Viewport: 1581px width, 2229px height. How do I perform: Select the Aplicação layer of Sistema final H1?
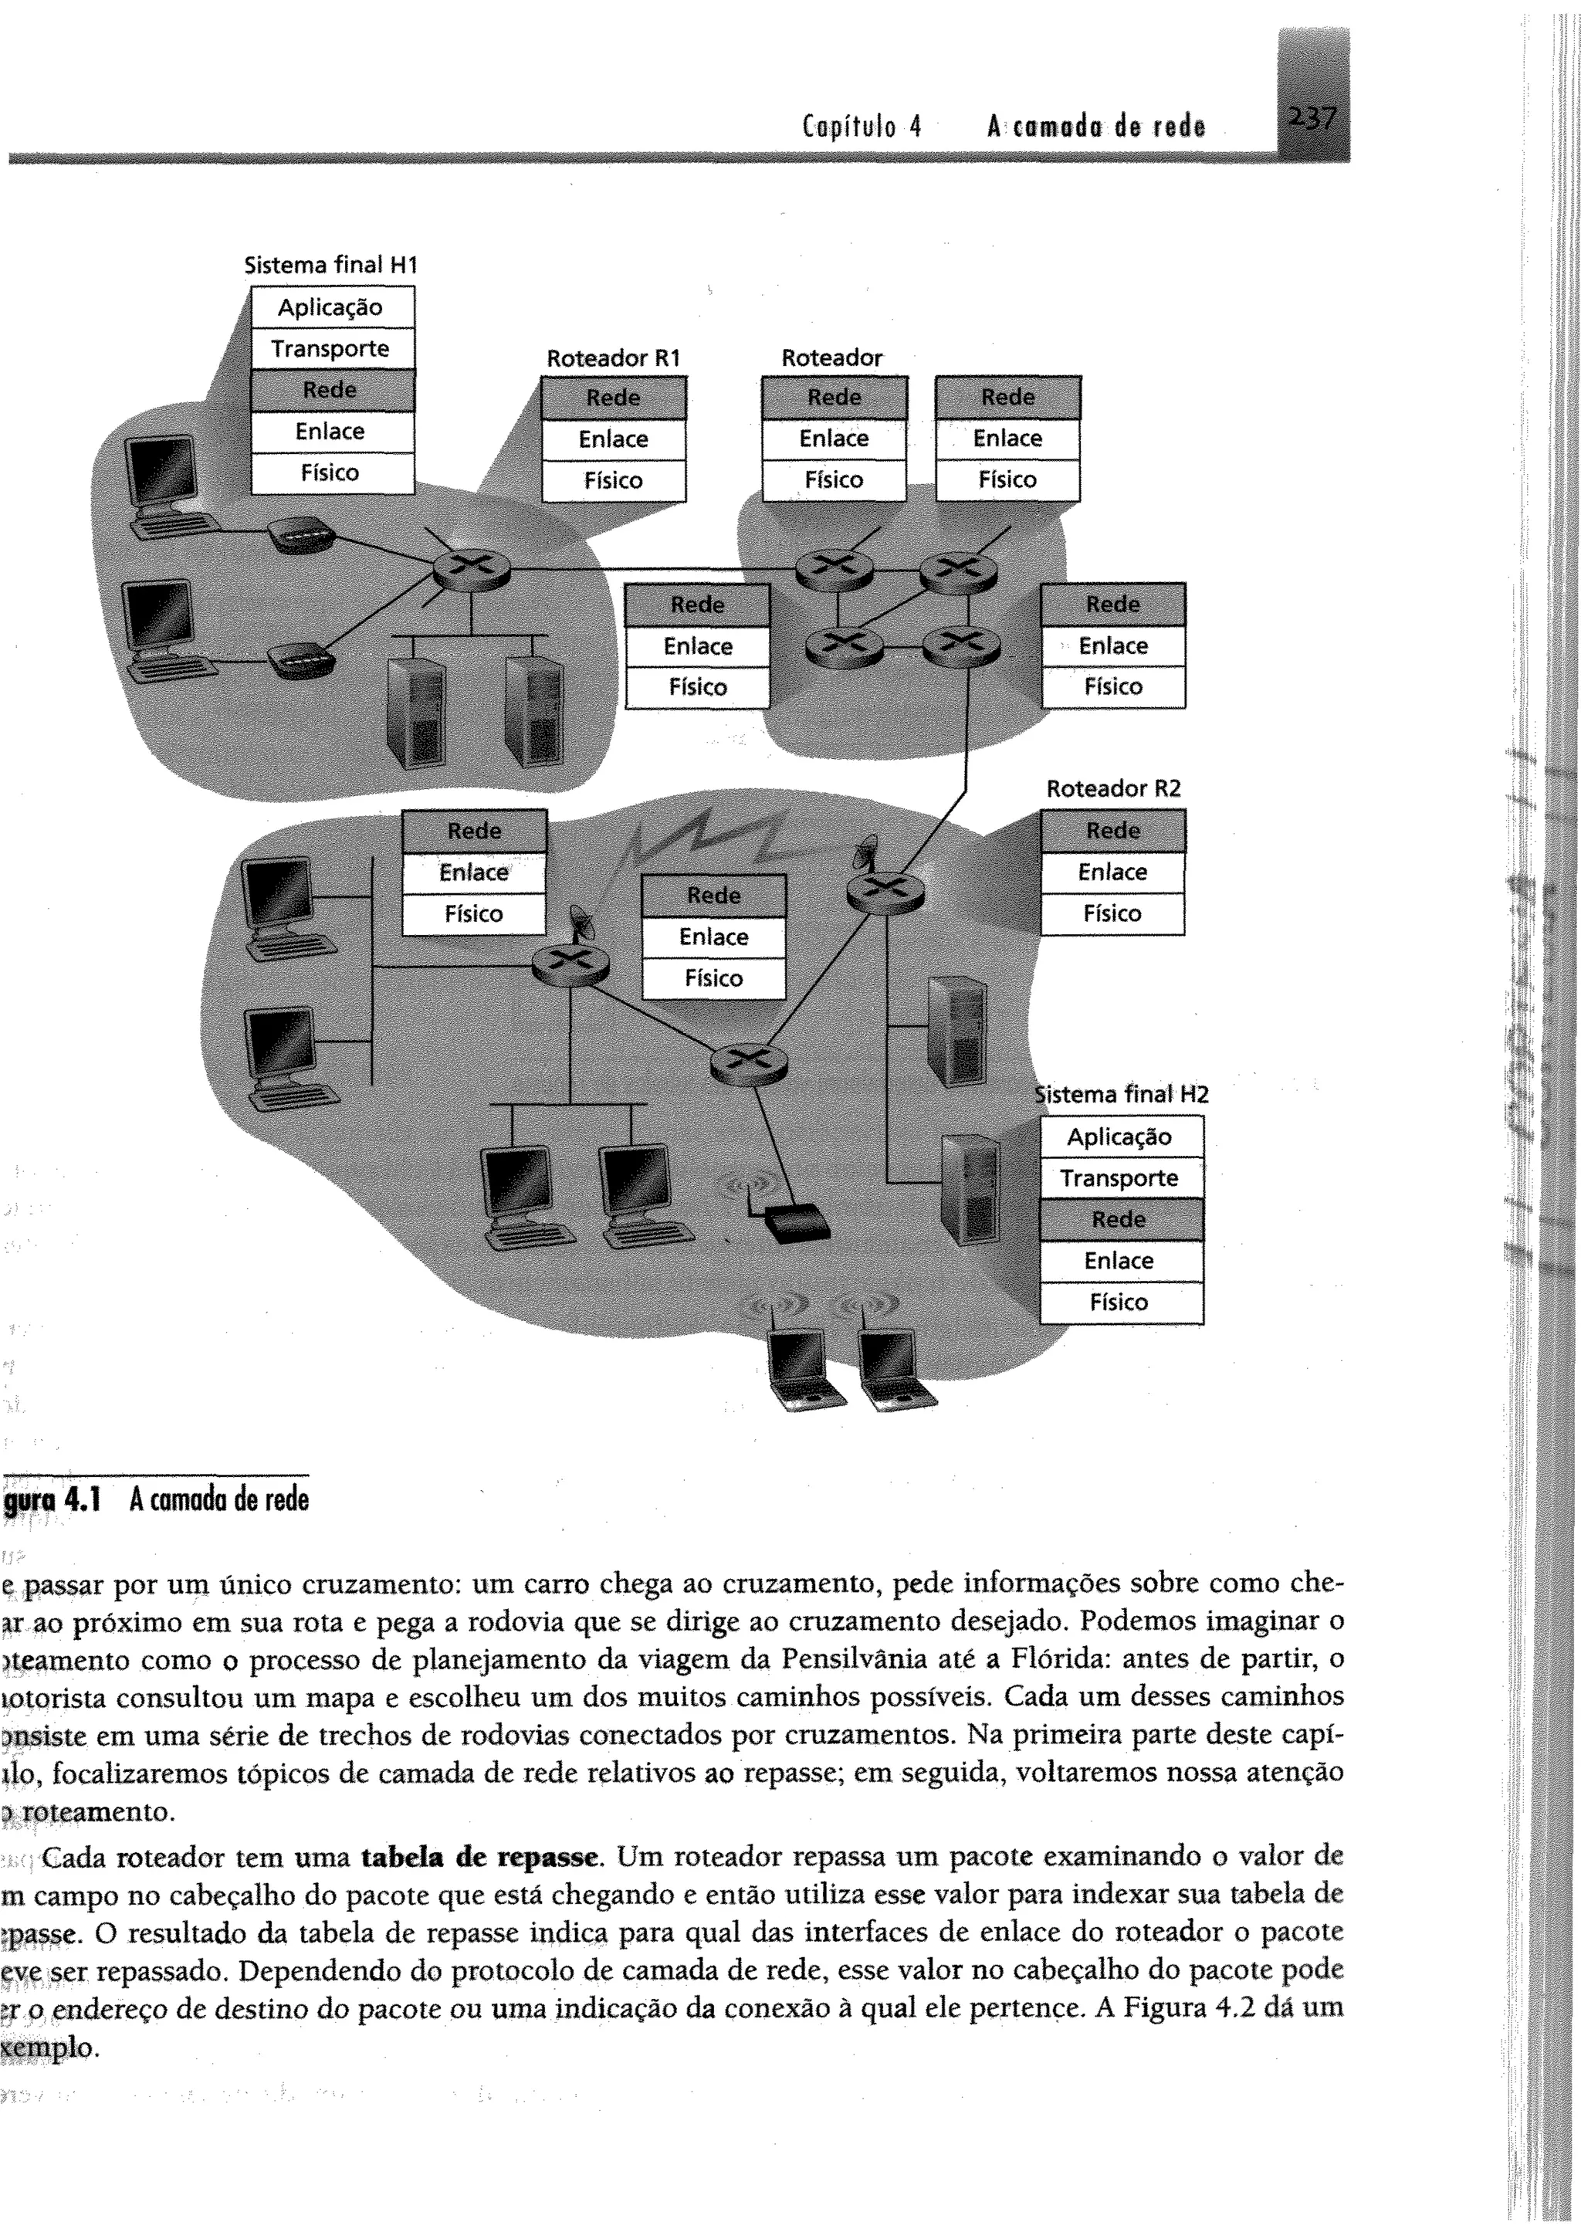[x=331, y=307]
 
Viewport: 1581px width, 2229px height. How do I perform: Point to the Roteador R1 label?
[x=613, y=358]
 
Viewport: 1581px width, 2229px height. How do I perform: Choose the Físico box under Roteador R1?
[x=613, y=481]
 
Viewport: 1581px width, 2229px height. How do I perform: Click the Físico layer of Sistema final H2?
[x=1119, y=1303]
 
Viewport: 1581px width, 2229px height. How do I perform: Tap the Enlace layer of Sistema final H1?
[x=331, y=431]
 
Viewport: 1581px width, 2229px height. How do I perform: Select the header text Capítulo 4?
[x=862, y=127]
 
